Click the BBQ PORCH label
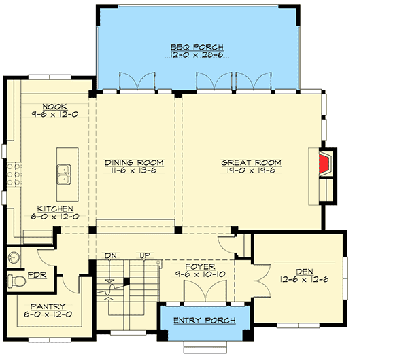[x=197, y=47]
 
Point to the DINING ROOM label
[x=134, y=162]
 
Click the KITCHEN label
[x=52, y=209]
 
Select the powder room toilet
[x=16, y=279]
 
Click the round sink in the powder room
[x=15, y=257]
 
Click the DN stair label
[x=112, y=255]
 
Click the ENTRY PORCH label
[x=205, y=321]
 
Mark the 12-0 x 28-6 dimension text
[x=197, y=55]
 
